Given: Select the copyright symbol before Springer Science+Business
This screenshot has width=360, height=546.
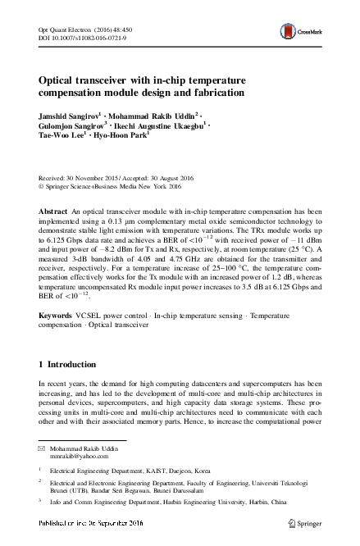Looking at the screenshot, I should click(42, 185).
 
